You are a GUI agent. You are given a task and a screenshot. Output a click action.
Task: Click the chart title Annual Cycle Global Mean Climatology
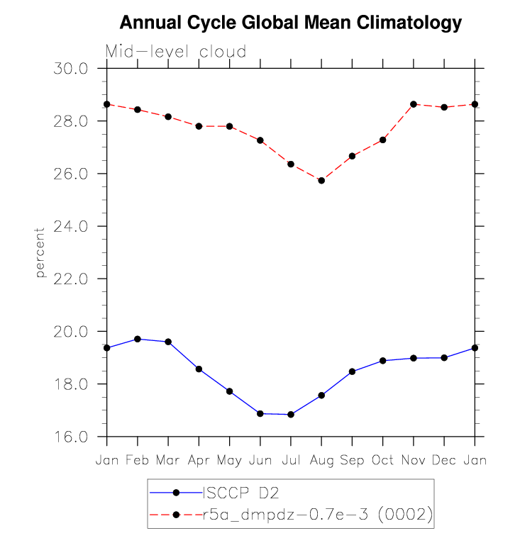[x=290, y=23]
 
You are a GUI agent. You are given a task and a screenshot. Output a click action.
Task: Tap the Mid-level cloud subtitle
[x=176, y=52]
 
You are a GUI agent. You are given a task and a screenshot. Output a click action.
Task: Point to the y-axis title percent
[x=40, y=252]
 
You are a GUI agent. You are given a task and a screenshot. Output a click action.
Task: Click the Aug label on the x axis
[x=321, y=460]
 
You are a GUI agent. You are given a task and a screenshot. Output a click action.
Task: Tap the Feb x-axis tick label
[x=138, y=460]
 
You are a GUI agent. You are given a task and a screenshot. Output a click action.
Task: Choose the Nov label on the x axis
[x=414, y=460]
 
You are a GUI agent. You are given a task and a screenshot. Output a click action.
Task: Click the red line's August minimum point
[x=321, y=181]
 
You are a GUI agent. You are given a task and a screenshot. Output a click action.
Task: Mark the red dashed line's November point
[x=414, y=104]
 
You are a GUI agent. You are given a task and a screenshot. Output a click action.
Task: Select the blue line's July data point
[x=291, y=415]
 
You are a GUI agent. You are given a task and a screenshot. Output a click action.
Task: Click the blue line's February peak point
[x=138, y=339]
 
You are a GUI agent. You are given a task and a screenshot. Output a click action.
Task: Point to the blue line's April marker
[x=199, y=369]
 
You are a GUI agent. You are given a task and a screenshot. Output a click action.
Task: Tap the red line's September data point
[x=352, y=156]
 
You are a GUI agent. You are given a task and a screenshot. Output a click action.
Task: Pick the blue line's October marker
[x=383, y=361]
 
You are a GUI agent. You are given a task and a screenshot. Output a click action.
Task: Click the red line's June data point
[x=260, y=140]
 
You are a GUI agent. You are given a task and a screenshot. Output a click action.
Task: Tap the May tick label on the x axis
[x=229, y=460]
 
